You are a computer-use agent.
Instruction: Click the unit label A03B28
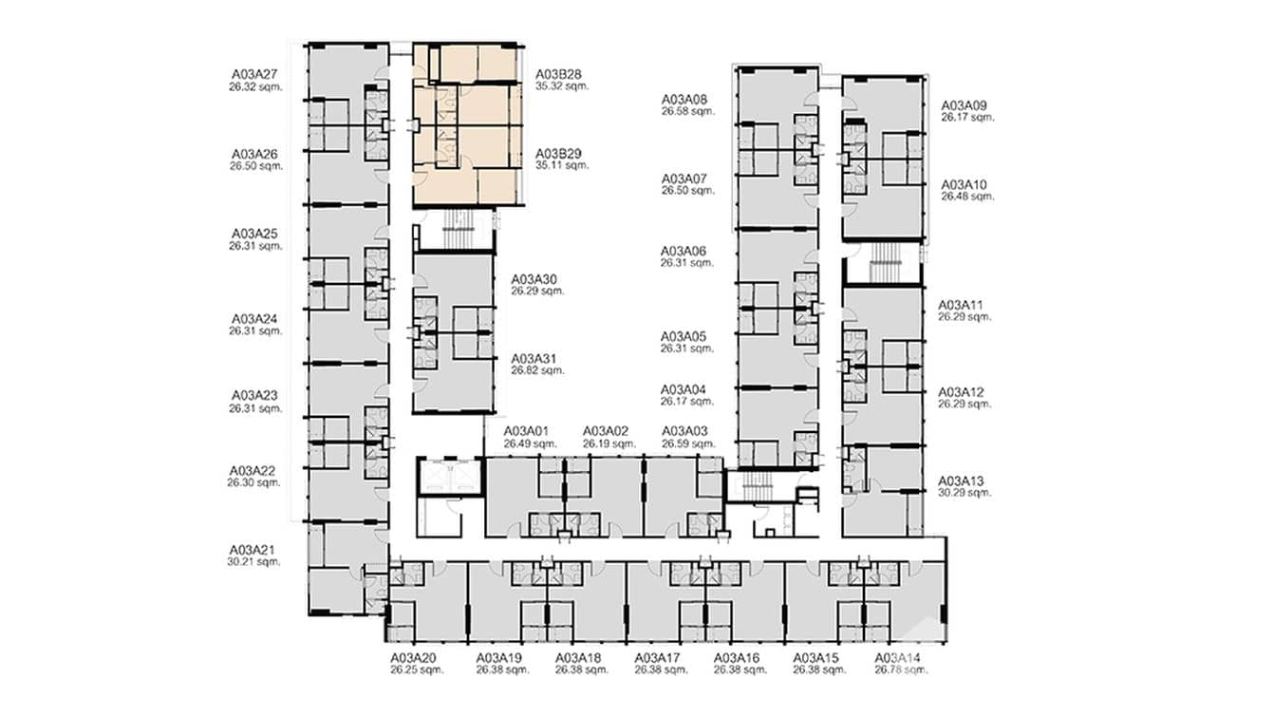pyautogui.click(x=559, y=73)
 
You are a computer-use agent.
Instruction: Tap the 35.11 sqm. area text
pyautogui.click(x=562, y=165)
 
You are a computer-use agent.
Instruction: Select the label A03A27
pyautogui.click(x=254, y=73)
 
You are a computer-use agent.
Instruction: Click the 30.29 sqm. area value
pyautogui.click(x=965, y=493)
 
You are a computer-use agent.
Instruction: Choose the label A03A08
pyautogui.click(x=684, y=99)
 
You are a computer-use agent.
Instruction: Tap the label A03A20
pyautogui.click(x=413, y=658)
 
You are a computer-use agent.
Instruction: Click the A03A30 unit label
pyautogui.click(x=534, y=279)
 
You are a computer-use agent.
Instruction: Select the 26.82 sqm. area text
pyautogui.click(x=537, y=370)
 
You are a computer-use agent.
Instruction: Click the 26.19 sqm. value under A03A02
pyautogui.click(x=606, y=443)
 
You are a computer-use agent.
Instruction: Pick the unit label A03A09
pyautogui.click(x=965, y=105)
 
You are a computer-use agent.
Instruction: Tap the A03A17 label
pyautogui.click(x=658, y=658)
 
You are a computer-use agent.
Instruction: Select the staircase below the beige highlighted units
pyautogui.click(x=455, y=230)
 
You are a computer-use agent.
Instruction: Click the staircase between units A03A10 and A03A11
pyautogui.click(x=883, y=263)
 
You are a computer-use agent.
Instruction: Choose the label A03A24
pyautogui.click(x=254, y=319)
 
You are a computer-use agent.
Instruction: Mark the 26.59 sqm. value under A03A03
pyautogui.click(x=685, y=443)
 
